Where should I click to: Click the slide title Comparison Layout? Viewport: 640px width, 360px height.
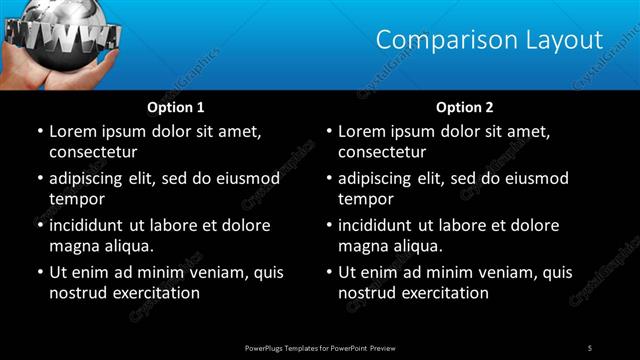(489, 40)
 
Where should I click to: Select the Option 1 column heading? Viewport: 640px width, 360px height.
(176, 106)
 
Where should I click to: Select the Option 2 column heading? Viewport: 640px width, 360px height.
(465, 106)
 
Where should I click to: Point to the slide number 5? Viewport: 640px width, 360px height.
(590, 347)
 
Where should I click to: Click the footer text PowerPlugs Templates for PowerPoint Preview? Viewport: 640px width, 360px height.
(320, 347)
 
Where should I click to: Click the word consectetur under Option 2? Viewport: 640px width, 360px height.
(382, 152)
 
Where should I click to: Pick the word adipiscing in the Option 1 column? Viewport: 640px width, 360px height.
(92, 179)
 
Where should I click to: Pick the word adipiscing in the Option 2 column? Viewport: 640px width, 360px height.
(382, 179)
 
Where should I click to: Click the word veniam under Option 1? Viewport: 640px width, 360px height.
(222, 272)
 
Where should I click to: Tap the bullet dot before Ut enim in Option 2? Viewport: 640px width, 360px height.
(328, 272)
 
